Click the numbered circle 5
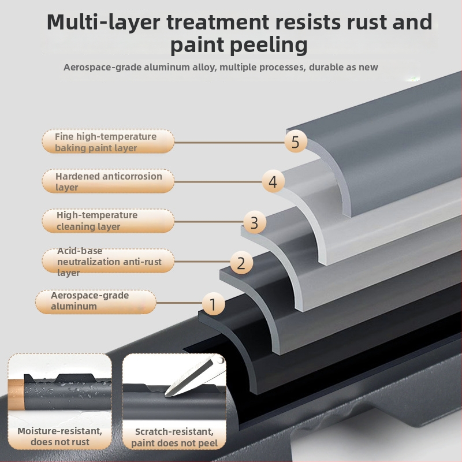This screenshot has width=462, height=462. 296,142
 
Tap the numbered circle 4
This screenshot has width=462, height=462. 273,182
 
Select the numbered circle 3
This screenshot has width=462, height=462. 254,222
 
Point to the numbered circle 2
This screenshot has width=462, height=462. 241,263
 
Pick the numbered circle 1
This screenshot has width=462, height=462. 213,303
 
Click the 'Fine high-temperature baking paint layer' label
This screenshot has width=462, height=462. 107,142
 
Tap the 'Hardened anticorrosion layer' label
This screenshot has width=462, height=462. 107,181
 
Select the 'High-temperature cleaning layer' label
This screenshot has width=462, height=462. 107,221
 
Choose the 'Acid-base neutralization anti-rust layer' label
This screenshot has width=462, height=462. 107,262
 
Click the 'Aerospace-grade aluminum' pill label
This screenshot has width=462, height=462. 95,301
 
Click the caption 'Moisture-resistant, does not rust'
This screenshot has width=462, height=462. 59,437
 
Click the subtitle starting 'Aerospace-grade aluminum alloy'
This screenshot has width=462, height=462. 221,67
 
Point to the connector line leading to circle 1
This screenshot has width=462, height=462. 179,302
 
